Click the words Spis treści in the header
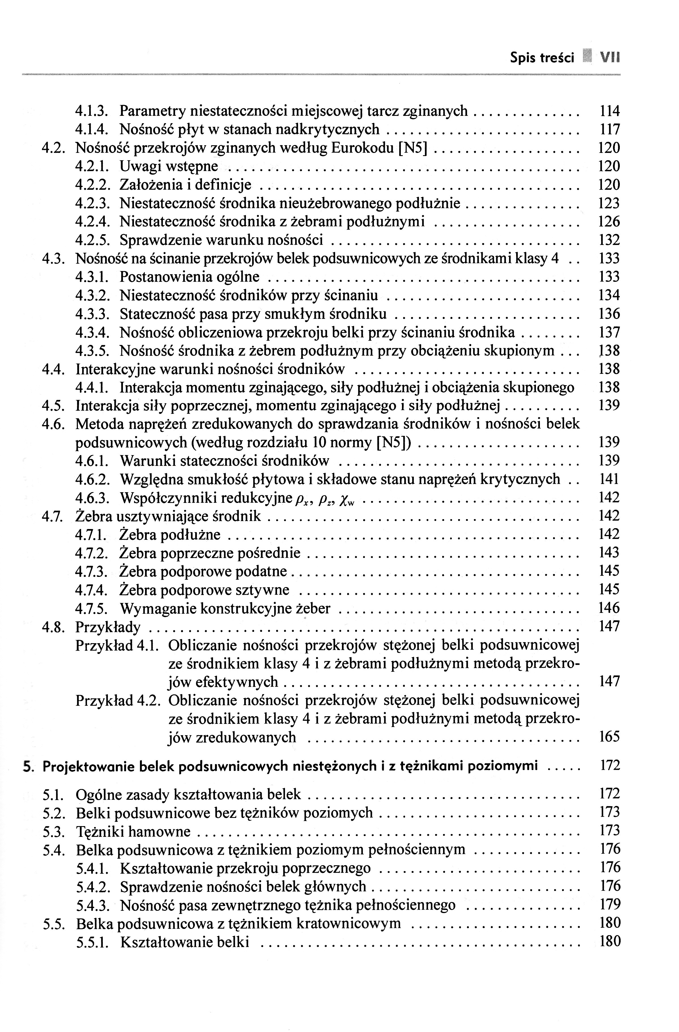tap(542, 58)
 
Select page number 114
tap(609, 111)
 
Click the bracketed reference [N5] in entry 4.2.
tap(413, 148)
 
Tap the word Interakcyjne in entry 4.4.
tap(115, 369)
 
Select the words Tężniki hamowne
tap(133, 832)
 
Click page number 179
tap(609, 905)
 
